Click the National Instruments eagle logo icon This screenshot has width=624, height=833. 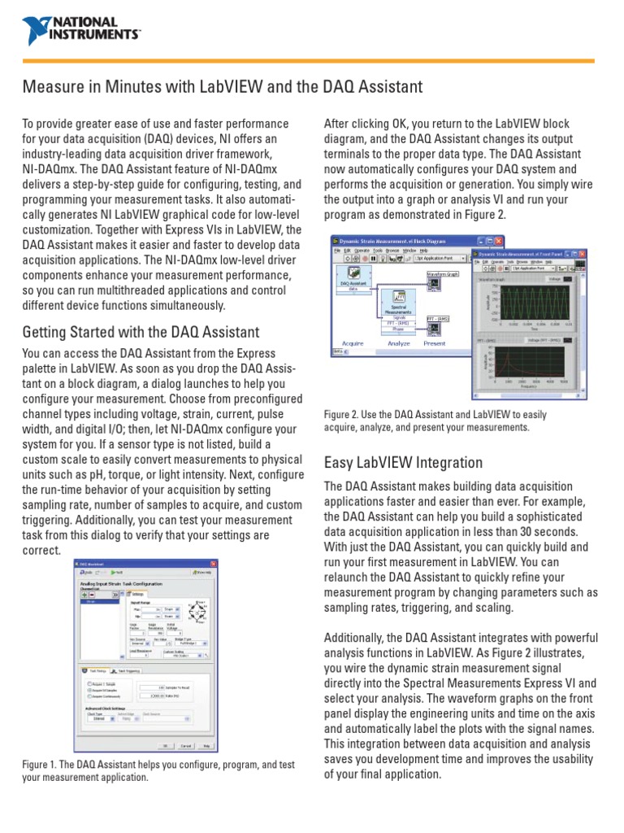coord(37,29)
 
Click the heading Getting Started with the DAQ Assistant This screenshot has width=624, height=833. coord(141,332)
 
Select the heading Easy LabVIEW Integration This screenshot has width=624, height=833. coord(403,463)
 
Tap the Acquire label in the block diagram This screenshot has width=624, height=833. coord(353,343)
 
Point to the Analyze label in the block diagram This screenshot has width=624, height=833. coord(398,343)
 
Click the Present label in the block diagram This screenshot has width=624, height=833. coord(435,343)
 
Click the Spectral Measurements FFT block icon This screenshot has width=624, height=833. coord(398,299)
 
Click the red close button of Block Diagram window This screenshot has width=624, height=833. coord(498,242)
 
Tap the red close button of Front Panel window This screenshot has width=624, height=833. coord(581,255)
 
